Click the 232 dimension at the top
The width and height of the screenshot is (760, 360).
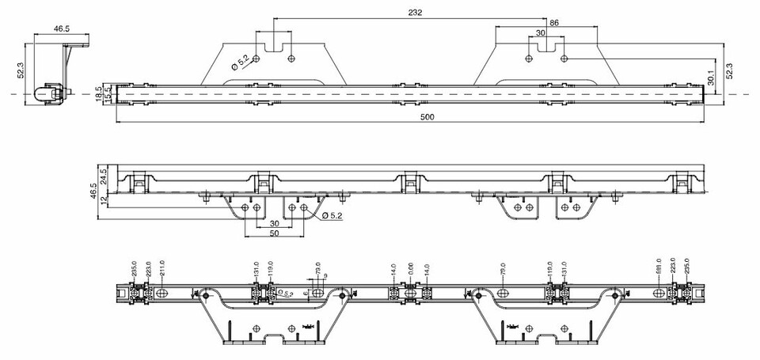(x=415, y=12)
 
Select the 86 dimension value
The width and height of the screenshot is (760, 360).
(x=553, y=24)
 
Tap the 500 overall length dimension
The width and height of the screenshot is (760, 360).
(x=427, y=117)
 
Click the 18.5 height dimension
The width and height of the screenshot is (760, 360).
(x=99, y=93)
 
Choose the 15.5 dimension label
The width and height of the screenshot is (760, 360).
(x=108, y=93)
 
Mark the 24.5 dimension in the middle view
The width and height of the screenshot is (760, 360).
(x=104, y=175)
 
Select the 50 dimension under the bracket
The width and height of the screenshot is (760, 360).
(x=274, y=234)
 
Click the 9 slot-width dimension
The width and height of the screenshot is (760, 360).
(x=325, y=276)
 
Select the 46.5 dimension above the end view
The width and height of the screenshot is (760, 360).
(x=62, y=28)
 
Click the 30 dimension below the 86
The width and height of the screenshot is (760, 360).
(x=541, y=33)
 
